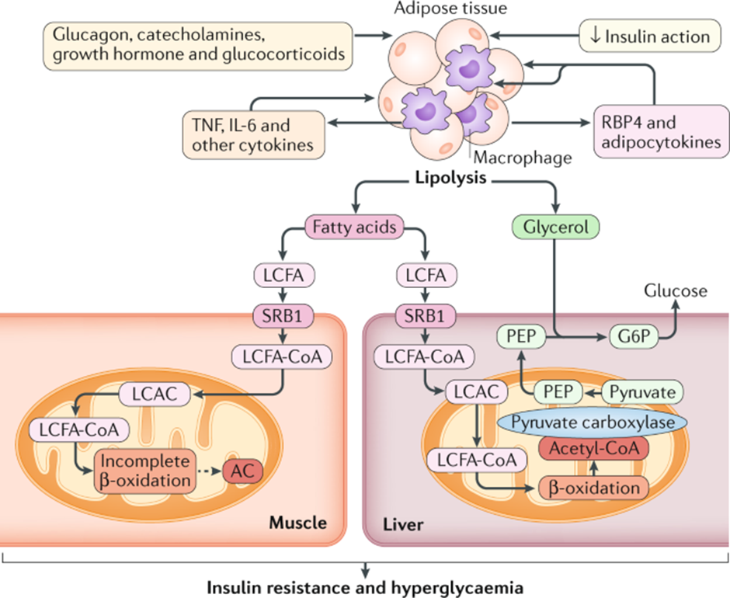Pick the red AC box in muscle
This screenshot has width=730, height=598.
coord(241,470)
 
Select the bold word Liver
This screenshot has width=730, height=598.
coord(403,525)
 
